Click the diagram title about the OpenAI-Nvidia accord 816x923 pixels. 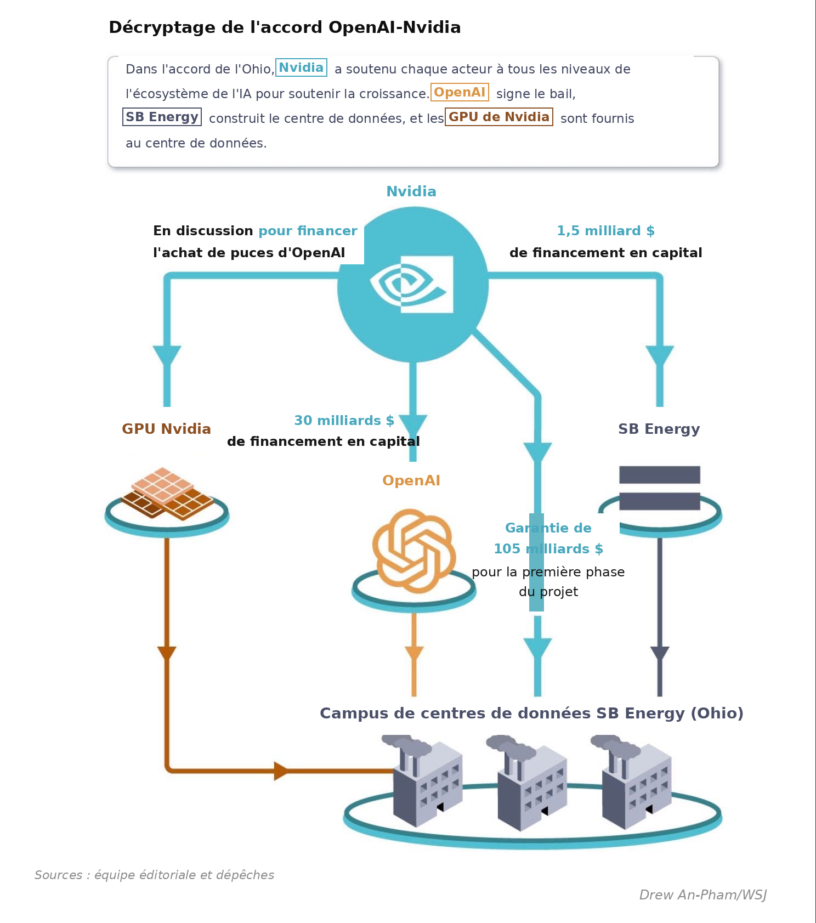point(285,27)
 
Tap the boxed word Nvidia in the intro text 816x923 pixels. point(301,67)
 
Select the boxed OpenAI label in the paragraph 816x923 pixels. point(460,92)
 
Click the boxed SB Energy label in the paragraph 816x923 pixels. point(162,117)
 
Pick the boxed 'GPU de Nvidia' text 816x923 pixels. point(498,117)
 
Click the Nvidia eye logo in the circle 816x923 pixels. point(412,284)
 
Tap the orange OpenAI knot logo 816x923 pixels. point(414,551)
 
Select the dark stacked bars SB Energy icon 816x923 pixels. point(660,488)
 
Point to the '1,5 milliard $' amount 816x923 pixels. point(605,231)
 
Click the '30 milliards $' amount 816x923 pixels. point(344,421)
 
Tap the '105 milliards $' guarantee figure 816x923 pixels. point(548,549)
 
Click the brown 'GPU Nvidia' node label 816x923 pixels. point(166,429)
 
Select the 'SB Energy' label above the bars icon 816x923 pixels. point(659,429)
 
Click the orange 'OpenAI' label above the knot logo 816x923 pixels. point(411,480)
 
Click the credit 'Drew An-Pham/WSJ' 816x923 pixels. point(703,895)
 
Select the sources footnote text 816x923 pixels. point(154,875)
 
